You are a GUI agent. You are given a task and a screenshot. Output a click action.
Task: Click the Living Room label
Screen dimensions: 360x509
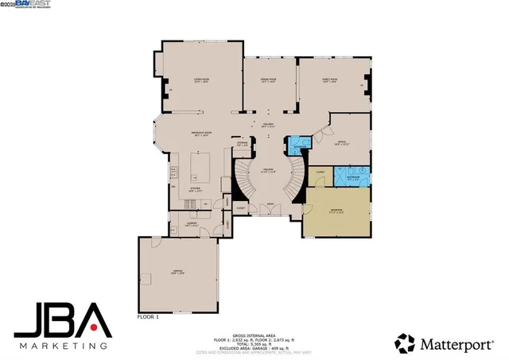point(201,80)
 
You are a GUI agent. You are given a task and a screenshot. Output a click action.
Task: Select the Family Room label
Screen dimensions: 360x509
point(329,80)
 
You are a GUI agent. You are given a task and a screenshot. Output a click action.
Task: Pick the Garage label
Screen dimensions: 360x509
point(177,272)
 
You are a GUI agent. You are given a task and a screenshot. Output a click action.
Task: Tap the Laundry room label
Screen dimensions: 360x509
point(191,225)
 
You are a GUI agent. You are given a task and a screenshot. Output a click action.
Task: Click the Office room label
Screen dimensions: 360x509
point(341,143)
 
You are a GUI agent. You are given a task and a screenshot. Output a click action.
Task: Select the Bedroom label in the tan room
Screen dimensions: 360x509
point(337,211)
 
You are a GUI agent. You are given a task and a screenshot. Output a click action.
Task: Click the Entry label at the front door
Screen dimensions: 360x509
point(271,204)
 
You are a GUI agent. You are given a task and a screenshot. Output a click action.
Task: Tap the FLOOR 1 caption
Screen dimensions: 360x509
point(149,317)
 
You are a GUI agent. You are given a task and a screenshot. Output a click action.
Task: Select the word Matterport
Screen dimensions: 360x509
point(456,343)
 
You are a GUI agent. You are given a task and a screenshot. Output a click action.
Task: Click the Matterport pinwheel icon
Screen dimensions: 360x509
point(405,343)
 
